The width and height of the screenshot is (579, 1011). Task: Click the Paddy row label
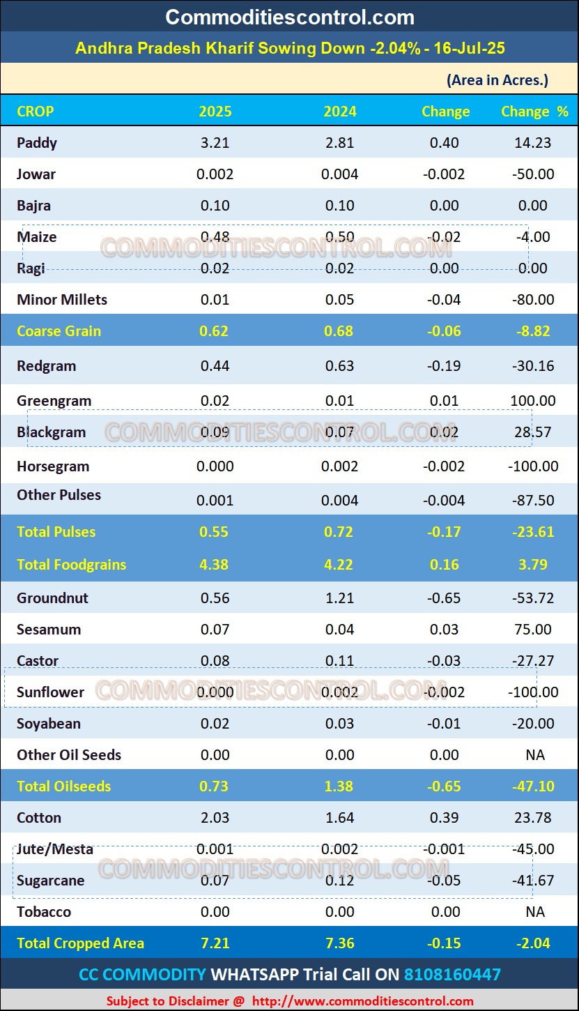coord(37,143)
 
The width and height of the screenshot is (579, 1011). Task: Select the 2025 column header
coord(215,112)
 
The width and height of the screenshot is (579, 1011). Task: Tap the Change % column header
coord(534,112)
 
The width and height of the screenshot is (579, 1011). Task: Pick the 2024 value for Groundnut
coord(340,598)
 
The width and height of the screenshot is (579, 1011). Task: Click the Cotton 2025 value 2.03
coord(215,818)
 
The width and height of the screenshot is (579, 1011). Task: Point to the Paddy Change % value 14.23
coord(534,143)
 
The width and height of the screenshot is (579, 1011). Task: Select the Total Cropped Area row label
coord(80,943)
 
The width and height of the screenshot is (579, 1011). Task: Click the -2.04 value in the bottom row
coord(534,943)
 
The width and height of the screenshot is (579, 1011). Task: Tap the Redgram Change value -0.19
coord(445,366)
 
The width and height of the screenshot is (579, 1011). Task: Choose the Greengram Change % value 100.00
coord(533,401)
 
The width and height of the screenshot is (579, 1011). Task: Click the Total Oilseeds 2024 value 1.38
coord(340,786)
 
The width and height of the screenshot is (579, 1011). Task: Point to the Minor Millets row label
coord(62,300)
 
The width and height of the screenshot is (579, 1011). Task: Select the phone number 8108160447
coord(452,974)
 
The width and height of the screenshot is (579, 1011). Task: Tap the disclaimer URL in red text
coord(362,1001)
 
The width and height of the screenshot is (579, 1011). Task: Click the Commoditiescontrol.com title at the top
coord(290,17)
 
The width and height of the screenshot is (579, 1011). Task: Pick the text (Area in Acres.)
coord(497,80)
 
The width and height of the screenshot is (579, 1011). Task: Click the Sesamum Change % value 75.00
coord(533,630)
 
